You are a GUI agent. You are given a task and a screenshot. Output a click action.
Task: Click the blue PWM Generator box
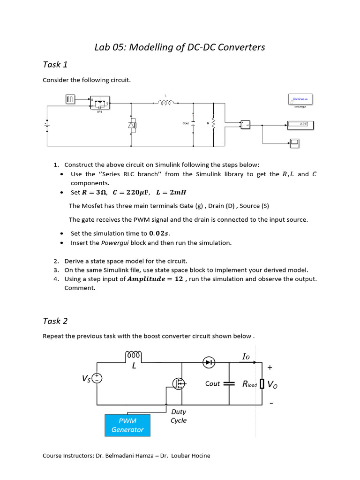127,425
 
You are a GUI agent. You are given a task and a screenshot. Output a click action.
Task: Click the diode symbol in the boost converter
209,362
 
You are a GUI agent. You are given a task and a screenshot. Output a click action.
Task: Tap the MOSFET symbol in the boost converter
179,384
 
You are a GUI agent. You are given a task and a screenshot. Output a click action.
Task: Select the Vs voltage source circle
97,378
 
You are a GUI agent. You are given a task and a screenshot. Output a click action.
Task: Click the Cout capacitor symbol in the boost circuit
229,383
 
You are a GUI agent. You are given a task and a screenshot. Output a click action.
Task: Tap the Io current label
246,357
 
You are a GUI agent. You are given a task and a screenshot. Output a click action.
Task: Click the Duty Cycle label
179,416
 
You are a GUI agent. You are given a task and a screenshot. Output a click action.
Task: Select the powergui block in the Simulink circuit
300,99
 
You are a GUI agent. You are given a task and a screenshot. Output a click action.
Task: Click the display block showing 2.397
300,125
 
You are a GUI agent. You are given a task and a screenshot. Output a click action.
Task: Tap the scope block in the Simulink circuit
294,143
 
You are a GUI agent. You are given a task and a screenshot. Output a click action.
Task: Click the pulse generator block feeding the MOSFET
70,99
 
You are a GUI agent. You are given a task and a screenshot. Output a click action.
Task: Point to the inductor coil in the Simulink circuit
165,104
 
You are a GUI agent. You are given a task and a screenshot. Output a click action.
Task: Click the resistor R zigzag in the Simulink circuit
214,124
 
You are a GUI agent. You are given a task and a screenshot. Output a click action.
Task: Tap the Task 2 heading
55,321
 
